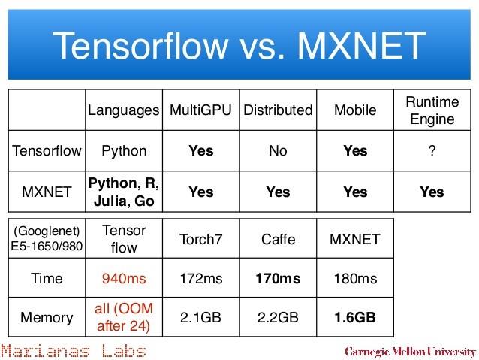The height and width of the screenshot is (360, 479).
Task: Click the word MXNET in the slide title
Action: point(362,46)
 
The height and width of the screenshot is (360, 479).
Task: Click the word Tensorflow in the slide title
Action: point(141,46)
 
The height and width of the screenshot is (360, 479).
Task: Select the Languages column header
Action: point(124,110)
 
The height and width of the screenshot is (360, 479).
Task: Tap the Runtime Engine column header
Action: point(432,110)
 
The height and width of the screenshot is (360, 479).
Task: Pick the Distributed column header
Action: point(278,110)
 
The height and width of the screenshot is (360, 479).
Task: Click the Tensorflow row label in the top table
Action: point(47,151)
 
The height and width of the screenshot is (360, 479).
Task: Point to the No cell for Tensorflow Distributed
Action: point(278,151)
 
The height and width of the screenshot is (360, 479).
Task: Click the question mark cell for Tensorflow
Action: point(432,150)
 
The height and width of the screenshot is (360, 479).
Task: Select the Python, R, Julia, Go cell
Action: point(124,192)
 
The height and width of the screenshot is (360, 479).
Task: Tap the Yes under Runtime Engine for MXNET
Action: point(432,192)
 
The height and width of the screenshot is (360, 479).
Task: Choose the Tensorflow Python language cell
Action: point(124,151)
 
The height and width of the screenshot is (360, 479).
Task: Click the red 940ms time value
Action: point(124,279)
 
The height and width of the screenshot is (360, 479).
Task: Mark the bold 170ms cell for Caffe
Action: point(278,279)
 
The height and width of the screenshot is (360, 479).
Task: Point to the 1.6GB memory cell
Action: point(355,317)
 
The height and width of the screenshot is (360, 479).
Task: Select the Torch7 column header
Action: point(200,240)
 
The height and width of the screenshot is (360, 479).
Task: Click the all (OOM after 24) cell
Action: point(124,317)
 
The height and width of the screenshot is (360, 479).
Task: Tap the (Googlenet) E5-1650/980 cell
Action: point(47,238)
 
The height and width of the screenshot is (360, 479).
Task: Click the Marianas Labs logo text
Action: point(74,351)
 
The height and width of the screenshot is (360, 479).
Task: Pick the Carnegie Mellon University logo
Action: point(410,352)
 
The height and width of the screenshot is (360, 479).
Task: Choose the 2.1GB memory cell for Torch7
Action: point(200,317)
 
